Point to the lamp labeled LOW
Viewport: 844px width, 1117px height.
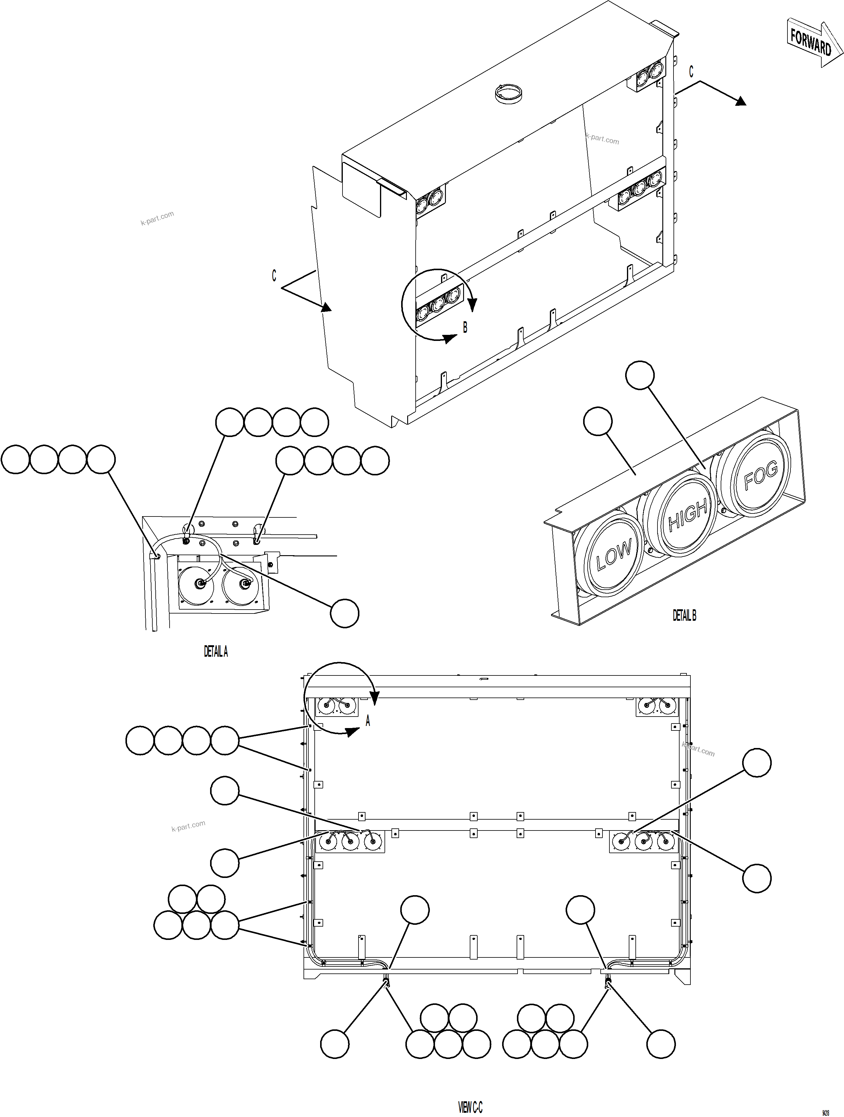[613, 555]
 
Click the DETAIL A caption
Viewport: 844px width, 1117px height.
[216, 652]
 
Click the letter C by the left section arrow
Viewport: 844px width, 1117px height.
[274, 276]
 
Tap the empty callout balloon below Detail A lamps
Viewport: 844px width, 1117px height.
[345, 613]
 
